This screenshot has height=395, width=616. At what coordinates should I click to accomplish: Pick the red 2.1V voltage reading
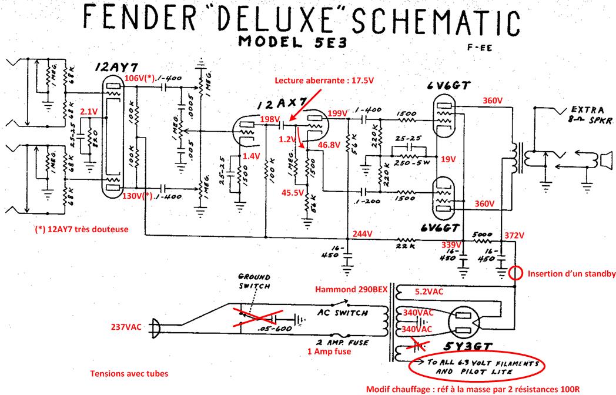[88, 111]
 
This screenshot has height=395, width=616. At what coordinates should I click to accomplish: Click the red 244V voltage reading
[363, 234]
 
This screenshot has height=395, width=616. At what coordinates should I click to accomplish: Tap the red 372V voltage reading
[515, 235]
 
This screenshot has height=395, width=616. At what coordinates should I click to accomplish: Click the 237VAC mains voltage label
[126, 327]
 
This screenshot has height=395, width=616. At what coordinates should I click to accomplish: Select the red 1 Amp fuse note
[330, 352]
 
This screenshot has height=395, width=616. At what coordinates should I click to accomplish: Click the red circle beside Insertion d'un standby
[515, 273]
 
